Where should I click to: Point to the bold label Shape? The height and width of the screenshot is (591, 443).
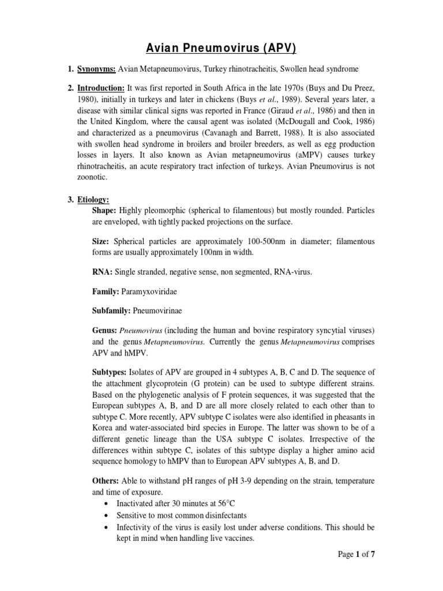click(104, 210)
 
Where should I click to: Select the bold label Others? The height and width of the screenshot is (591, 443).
click(106, 481)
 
